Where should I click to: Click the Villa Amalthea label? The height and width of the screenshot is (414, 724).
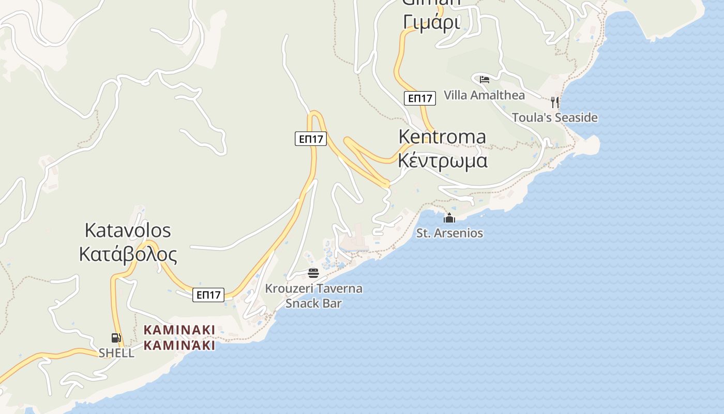484,95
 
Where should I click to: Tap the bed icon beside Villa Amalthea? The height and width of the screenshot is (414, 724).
485,79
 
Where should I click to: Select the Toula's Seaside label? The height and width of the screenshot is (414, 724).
554,117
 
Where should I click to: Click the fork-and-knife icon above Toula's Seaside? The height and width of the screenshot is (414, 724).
555,101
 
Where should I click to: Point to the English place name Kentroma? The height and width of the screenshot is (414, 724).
442,137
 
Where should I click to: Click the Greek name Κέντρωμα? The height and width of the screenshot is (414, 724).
442,160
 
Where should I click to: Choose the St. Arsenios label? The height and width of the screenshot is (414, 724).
449,233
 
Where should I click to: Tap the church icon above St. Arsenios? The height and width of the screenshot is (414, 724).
449,218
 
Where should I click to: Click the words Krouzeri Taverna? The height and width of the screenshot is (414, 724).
313,288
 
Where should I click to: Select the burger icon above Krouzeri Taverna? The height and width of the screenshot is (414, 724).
313,273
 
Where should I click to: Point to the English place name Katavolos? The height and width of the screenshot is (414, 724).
127,230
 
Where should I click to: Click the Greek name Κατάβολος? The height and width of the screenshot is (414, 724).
127,254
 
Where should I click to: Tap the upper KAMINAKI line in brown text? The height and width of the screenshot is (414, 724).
179,330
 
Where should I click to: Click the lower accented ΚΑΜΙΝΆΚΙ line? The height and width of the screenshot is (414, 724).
179,345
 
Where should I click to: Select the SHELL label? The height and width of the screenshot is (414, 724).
116,353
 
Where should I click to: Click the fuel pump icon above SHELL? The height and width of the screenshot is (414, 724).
116,338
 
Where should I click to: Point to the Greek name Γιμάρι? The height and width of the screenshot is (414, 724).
431,22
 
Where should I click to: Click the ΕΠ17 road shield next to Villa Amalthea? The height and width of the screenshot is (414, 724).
419,98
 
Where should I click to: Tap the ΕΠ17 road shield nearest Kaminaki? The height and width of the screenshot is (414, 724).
209,295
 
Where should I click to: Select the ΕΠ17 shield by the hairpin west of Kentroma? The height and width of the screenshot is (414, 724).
311,139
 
